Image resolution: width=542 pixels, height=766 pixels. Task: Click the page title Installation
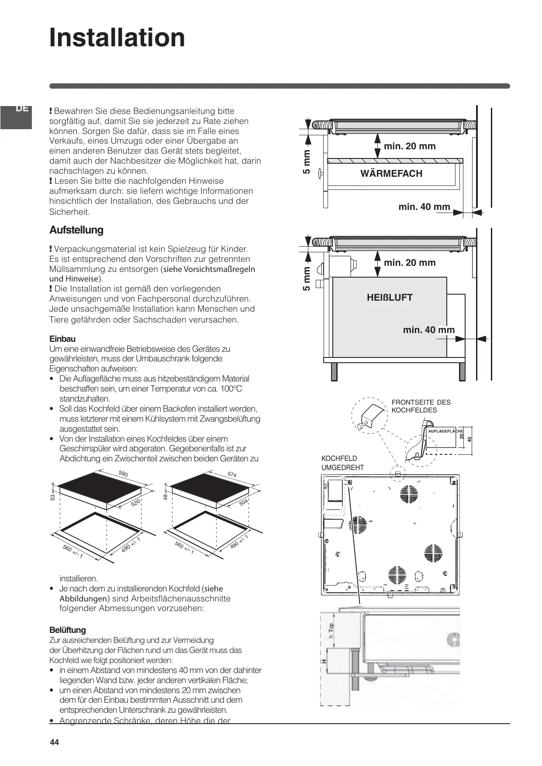(117, 38)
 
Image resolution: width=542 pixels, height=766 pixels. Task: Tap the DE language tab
(22, 109)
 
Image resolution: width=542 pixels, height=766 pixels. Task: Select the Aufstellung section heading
(76, 230)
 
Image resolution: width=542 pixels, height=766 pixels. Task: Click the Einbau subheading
(62, 339)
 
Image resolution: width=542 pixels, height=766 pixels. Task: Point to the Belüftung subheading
(68, 630)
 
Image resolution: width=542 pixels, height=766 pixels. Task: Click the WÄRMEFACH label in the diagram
(391, 174)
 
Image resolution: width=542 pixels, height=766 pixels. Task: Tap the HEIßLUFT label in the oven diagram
(390, 298)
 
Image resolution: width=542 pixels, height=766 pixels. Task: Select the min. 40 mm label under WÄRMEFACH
(424, 207)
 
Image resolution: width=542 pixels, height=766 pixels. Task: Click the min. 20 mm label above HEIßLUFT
(410, 263)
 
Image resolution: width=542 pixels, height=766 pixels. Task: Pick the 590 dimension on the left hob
(123, 474)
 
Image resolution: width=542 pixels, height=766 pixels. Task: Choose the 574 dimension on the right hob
(232, 474)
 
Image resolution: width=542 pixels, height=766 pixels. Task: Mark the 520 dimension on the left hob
(135, 503)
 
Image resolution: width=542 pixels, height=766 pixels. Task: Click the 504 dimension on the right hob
(243, 502)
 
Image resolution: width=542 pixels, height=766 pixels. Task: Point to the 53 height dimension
(53, 497)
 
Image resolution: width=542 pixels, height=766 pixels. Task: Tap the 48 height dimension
(166, 497)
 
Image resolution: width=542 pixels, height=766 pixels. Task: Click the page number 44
(54, 742)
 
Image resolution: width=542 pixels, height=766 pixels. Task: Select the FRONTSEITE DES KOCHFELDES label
(421, 406)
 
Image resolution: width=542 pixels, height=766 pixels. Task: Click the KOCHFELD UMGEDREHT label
(342, 463)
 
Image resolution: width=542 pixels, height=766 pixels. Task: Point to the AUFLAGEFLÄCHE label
(445, 431)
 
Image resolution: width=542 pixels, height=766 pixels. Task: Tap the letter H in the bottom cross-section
(324, 661)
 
